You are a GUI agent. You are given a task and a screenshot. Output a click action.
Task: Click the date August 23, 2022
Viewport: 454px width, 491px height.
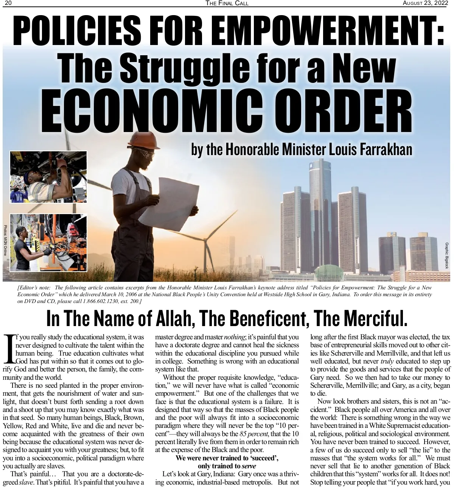pyautogui.click(x=426, y=3)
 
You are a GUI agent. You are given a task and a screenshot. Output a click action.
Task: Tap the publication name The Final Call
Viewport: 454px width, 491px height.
pyautogui.click(x=227, y=3)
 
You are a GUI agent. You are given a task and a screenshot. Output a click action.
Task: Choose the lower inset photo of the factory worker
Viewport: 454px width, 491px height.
pyautogui.click(x=48, y=242)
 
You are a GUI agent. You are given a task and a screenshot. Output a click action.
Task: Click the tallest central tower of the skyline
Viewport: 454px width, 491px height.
pyautogui.click(x=320, y=212)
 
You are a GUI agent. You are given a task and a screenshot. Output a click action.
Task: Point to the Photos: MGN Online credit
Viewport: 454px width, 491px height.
pyautogui.click(x=5, y=240)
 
